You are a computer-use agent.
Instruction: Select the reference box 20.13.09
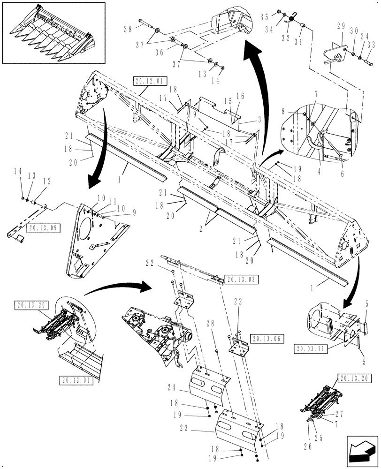tap(41, 228)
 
